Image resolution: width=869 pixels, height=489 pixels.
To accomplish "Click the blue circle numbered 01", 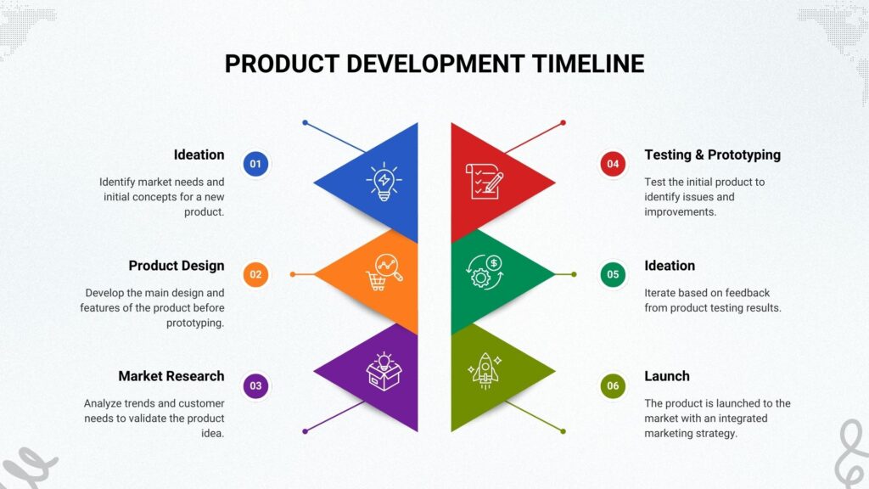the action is click(255, 164).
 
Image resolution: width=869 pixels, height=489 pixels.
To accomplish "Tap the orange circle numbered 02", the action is click(255, 274).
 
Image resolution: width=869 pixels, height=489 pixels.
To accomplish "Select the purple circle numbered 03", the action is click(255, 386).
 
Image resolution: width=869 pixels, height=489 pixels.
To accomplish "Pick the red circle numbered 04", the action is click(613, 164).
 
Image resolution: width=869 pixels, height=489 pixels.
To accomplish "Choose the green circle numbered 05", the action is click(613, 274).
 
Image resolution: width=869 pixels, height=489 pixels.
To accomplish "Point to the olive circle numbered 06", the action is click(613, 386).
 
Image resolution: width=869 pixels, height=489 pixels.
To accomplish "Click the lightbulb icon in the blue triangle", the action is click(384, 182).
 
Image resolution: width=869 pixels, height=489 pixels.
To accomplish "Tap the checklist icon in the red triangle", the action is click(485, 182).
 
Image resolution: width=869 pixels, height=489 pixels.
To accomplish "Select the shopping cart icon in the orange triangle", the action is click(384, 273).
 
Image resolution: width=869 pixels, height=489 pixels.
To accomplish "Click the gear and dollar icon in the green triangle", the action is click(485, 272).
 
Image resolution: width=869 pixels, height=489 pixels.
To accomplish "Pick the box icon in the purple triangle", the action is click(384, 371).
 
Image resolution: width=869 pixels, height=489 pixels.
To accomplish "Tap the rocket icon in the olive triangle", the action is click(485, 370).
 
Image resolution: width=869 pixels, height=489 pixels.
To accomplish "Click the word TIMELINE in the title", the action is click(588, 64).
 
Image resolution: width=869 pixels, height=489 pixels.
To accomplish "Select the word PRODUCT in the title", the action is click(282, 64).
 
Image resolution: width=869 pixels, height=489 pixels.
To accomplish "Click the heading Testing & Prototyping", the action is click(712, 155).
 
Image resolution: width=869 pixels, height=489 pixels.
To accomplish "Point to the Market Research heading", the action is click(171, 376).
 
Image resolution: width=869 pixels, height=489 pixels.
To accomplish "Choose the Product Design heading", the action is click(177, 266).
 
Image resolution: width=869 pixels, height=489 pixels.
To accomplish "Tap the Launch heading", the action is click(667, 376).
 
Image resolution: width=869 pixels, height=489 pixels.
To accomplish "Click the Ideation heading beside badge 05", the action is click(670, 266).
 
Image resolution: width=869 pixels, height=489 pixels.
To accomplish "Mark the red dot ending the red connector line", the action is click(563, 122).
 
